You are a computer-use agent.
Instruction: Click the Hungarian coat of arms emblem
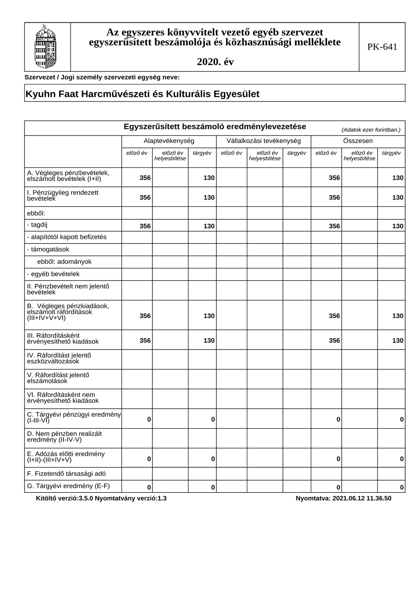(46, 46)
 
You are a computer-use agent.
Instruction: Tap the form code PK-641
(382, 47)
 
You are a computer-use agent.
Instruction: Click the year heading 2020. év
(215, 62)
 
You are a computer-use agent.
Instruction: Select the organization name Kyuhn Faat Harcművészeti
(142, 94)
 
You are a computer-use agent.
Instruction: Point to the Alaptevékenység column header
(169, 141)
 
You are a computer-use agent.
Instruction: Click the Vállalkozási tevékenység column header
(263, 141)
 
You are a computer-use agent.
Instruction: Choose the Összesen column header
(358, 141)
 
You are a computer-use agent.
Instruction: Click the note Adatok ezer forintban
(370, 130)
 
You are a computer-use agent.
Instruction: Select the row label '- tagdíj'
(37, 225)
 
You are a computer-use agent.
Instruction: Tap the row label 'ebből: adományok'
(64, 262)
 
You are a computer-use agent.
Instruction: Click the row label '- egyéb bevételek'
(53, 274)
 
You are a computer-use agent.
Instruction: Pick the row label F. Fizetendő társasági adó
(66, 473)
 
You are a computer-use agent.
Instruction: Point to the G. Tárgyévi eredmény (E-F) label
(68, 486)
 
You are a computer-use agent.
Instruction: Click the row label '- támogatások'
(48, 249)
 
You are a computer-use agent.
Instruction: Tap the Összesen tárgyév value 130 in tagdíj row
(398, 226)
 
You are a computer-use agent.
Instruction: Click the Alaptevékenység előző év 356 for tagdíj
(145, 226)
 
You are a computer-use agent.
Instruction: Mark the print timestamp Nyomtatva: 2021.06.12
(343, 498)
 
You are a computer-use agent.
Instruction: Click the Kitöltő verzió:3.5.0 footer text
(102, 498)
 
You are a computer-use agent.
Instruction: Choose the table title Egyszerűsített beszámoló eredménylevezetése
(215, 127)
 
